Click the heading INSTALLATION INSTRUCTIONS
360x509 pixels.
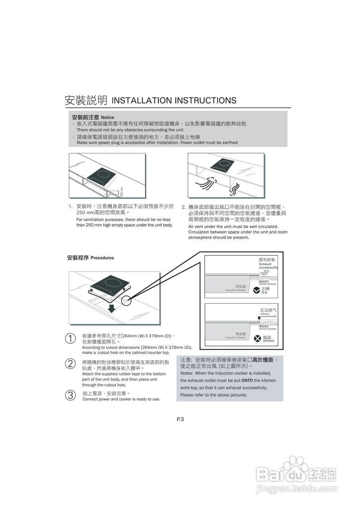(174, 101)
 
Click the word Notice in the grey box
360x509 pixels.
(107, 118)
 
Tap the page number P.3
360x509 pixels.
(180, 419)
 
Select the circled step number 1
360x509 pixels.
(70, 338)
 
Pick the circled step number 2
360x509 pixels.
(70, 363)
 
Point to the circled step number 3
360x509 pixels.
(70, 395)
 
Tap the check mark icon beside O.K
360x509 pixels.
(257, 290)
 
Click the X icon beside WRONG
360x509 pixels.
(257, 339)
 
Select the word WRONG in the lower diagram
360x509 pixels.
(269, 341)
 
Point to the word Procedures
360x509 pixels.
(102, 258)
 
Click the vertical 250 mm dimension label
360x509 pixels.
(122, 192)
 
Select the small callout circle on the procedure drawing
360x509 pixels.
(126, 301)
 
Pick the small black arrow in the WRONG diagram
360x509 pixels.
(259, 318)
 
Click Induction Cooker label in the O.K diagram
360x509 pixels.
(235, 290)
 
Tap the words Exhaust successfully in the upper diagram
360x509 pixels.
(268, 266)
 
